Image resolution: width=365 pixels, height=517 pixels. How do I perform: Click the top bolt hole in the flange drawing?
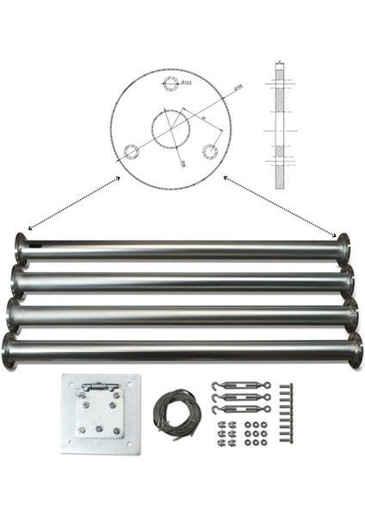[x=170, y=83]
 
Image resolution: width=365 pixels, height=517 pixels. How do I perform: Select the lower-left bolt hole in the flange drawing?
[x=131, y=153]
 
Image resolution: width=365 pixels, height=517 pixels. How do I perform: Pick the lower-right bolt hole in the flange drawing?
[x=209, y=151]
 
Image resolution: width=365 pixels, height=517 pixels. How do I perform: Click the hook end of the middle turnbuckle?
[x=213, y=398]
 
